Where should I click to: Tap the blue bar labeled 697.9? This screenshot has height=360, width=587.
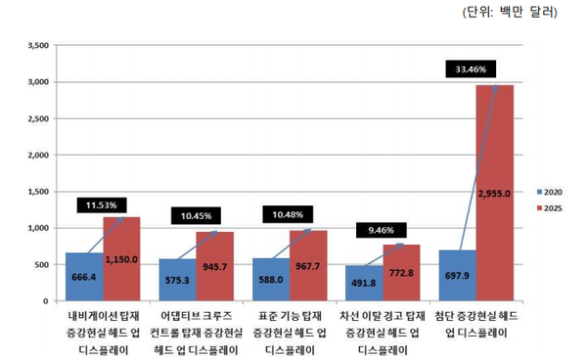(x=457, y=276)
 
